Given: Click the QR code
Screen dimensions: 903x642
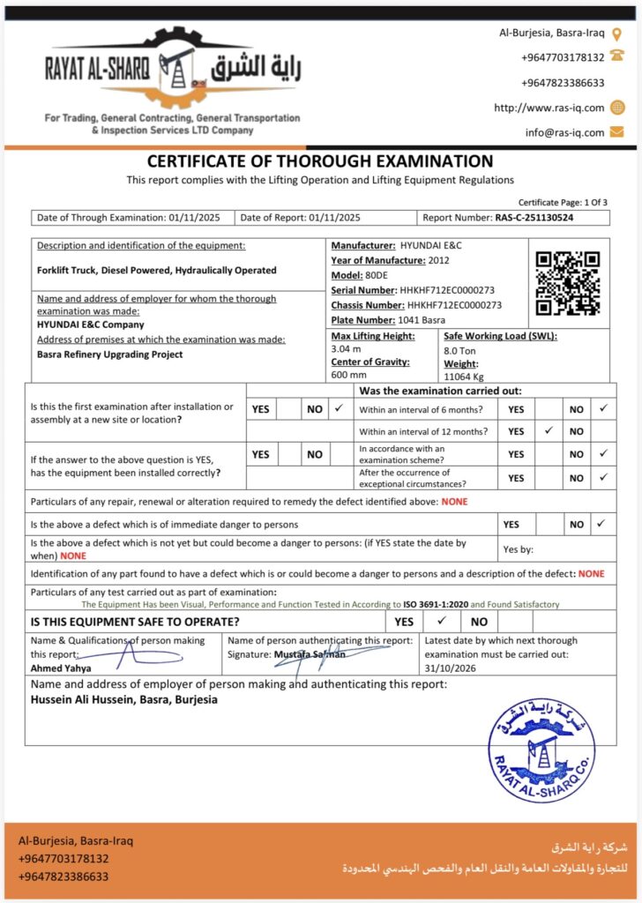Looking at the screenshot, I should point(568,283).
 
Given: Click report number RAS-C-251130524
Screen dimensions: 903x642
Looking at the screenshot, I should point(534,217).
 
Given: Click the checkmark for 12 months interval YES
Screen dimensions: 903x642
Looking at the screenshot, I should point(549,431).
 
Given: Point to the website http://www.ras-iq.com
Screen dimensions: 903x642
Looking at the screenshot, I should point(549,108).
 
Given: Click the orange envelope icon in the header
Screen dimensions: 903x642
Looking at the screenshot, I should point(616,131).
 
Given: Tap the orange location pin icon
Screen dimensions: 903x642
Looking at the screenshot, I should point(616,34).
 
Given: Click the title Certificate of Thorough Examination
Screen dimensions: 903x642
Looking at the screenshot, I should point(320,161).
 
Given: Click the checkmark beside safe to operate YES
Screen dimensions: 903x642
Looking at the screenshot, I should point(443,621).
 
